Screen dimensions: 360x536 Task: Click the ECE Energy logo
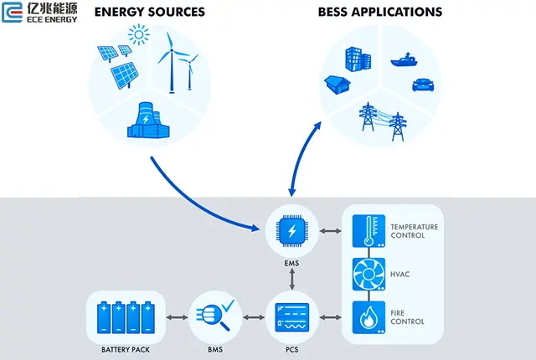(x=40, y=14)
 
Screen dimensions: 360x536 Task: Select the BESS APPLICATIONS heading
(x=380, y=13)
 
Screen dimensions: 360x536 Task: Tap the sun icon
(x=137, y=36)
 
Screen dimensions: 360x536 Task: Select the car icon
(x=421, y=85)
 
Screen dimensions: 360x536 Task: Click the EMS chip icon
(x=291, y=231)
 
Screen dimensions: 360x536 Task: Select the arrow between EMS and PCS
(x=291, y=280)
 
